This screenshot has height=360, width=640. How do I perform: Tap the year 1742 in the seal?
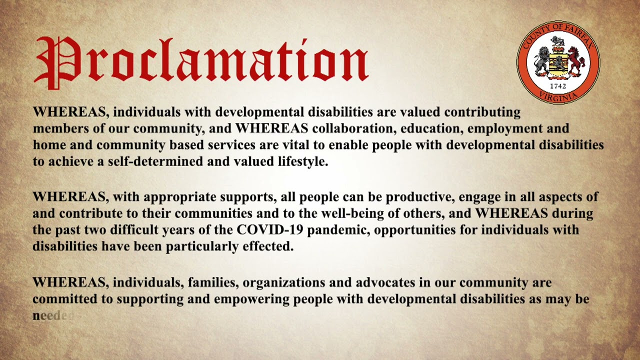[x=558, y=86]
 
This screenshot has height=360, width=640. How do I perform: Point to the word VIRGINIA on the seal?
[x=558, y=96]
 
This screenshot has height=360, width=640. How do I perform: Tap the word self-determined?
[x=149, y=161]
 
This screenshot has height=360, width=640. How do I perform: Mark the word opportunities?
[x=420, y=230]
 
